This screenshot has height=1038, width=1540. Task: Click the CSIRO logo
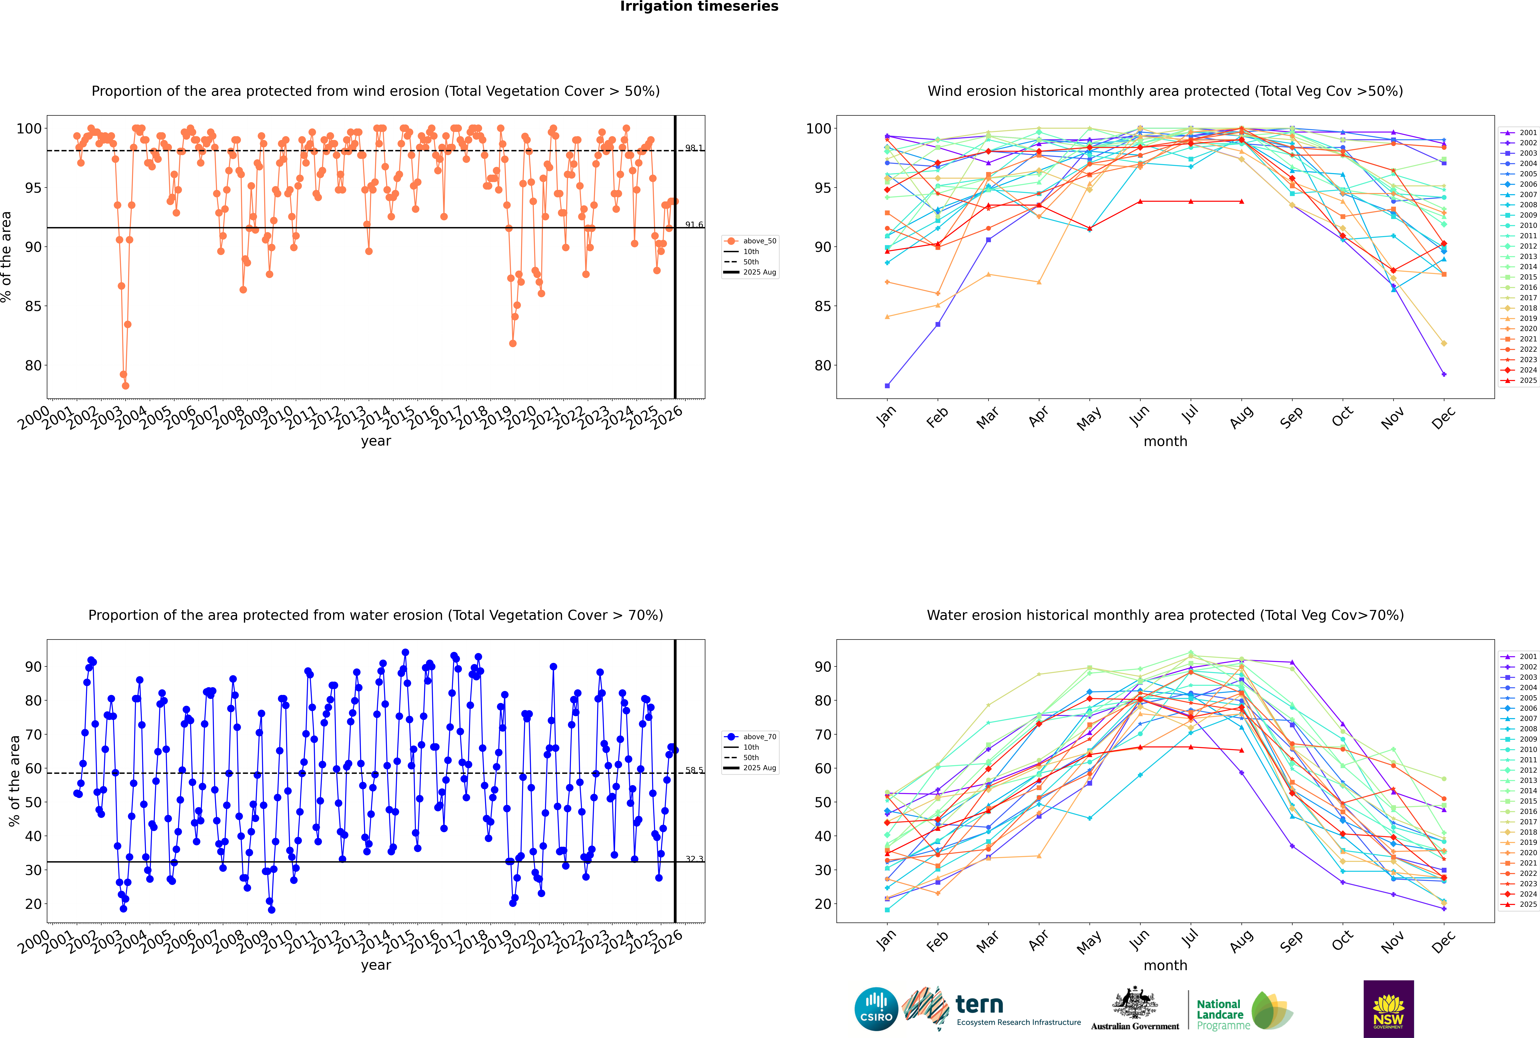876,1009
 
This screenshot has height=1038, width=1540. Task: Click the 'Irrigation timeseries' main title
699,7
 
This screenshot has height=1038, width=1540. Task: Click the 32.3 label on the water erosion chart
694,859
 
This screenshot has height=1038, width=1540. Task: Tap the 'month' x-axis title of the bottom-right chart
1165,965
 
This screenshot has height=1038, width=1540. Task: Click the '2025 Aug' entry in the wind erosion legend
759,272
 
